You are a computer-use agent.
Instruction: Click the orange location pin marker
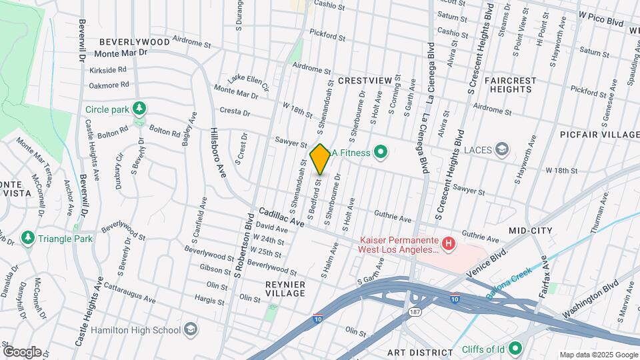(x=320, y=159)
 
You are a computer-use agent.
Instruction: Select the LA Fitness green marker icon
(x=381, y=153)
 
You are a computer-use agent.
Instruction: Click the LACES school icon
(x=503, y=149)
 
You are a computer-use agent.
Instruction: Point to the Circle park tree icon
(x=139, y=109)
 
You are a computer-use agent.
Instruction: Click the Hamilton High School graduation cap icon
(x=191, y=329)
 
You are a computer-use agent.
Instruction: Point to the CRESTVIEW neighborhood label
(x=364, y=81)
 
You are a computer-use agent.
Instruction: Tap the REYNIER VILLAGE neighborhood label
(x=285, y=289)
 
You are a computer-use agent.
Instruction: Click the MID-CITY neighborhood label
(x=531, y=230)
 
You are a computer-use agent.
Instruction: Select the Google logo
(x=22, y=351)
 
